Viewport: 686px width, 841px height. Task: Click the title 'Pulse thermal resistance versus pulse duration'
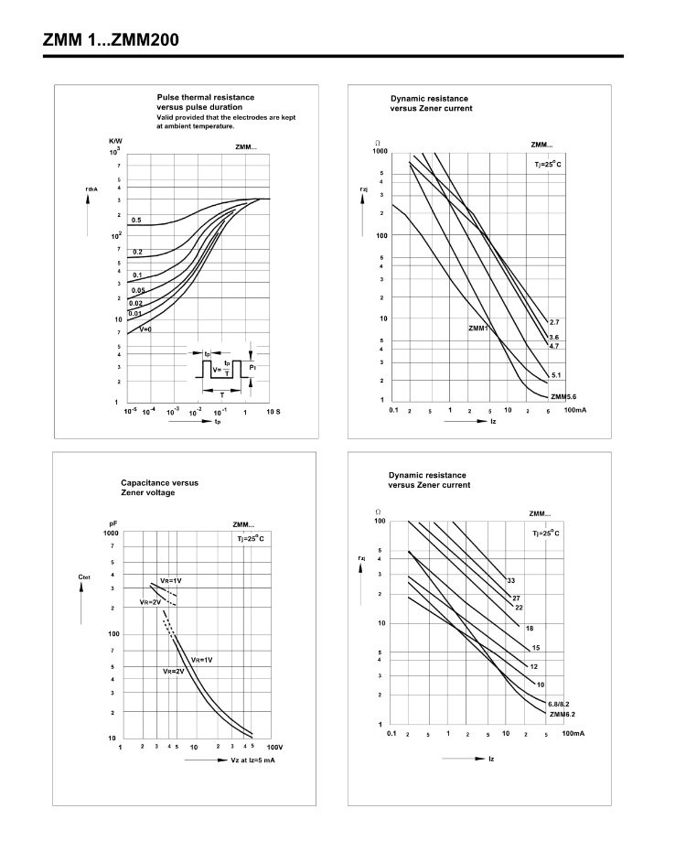205,102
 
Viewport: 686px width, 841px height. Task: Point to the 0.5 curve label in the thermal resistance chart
135,221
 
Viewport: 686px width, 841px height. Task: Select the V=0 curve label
145,329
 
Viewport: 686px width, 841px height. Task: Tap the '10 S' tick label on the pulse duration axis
273,413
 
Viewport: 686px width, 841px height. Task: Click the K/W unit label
115,140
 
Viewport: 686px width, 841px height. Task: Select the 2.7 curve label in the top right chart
553,323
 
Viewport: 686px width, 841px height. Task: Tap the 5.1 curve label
554,375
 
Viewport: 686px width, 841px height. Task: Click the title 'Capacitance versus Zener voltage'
159,487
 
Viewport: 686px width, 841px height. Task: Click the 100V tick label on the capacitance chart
274,747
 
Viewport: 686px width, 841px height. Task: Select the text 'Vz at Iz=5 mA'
252,760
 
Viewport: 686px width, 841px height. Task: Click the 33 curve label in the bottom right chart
512,580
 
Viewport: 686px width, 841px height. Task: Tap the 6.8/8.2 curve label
558,704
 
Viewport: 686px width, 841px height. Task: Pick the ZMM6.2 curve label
562,714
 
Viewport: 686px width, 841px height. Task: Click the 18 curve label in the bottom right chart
530,628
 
